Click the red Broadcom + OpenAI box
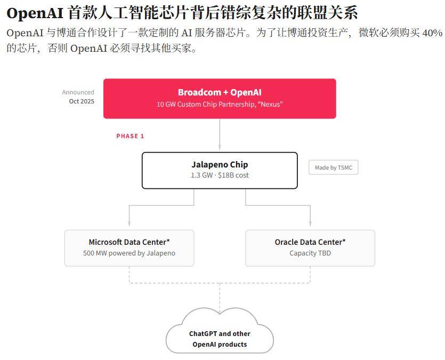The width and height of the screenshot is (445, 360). click(220, 99)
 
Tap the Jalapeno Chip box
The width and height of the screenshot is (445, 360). click(220, 170)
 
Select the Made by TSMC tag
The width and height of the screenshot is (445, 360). click(334, 167)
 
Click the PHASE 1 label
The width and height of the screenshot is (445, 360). click(130, 136)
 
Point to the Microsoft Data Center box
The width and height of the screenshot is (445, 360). click(129, 248)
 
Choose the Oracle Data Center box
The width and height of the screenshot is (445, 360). click(310, 248)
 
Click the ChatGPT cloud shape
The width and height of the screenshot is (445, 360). click(220, 331)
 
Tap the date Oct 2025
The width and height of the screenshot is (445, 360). click(82, 101)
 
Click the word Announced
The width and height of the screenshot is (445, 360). click(78, 92)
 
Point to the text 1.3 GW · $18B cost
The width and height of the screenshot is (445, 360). click(220, 175)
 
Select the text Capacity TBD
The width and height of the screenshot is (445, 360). click(310, 253)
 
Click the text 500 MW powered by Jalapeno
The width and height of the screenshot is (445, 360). click(129, 253)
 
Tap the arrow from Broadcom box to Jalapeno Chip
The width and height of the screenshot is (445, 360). click(220, 134)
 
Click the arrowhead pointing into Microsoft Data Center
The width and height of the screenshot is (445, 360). click(129, 223)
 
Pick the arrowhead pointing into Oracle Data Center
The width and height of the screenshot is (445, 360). click(310, 223)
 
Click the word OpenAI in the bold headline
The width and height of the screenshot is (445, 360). click(35, 13)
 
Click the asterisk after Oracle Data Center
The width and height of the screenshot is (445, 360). click(344, 241)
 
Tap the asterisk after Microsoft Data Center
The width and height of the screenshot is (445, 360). click(168, 241)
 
